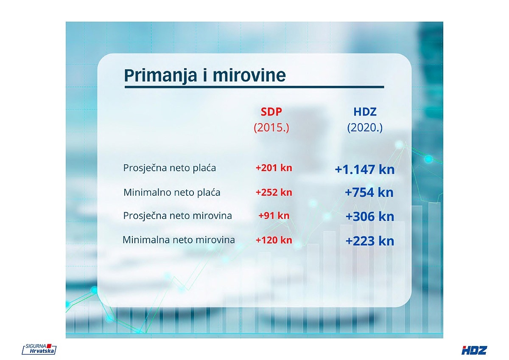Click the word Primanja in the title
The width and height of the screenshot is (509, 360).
(x=161, y=76)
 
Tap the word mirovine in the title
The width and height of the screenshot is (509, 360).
(x=249, y=75)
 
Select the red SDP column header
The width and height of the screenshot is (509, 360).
(x=271, y=112)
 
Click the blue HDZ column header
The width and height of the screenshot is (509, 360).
(x=365, y=112)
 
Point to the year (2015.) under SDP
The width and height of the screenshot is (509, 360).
(x=271, y=128)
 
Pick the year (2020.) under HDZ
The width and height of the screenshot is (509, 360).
(x=365, y=128)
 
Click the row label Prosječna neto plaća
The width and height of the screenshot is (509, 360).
(x=170, y=168)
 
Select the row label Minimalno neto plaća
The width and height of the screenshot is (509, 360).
(x=172, y=193)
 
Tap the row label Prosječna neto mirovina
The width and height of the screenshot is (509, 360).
(x=177, y=216)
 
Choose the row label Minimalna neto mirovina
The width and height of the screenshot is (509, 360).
(x=179, y=240)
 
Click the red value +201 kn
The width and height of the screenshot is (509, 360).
(x=274, y=168)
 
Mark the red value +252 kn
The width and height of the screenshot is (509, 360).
(x=274, y=192)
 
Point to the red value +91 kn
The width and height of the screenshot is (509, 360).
(x=274, y=216)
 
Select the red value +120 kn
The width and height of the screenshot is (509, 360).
(x=274, y=240)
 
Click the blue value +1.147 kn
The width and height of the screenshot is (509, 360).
(x=365, y=170)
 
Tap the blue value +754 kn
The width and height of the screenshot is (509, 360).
(x=369, y=192)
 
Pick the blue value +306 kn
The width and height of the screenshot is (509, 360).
(x=370, y=217)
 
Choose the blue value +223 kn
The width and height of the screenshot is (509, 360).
(x=370, y=241)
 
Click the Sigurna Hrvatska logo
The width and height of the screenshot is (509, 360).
(x=39, y=349)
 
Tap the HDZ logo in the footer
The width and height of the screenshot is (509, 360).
(x=474, y=350)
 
